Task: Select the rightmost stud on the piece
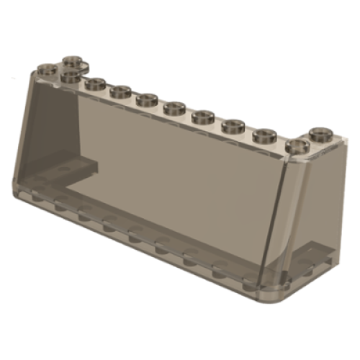[x=320, y=133]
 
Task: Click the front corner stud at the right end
[x=297, y=145]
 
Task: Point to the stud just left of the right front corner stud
[x=265, y=134]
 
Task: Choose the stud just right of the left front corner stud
[x=94, y=84]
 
